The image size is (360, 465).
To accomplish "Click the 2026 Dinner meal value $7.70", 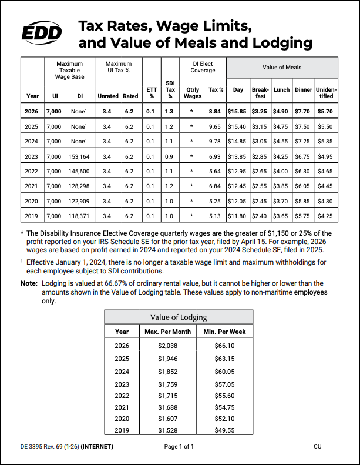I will (304, 111).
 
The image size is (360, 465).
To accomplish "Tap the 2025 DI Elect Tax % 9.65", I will (216, 126).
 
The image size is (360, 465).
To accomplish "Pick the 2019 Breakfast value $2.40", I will (260, 216).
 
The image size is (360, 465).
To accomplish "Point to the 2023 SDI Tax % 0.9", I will (170, 156).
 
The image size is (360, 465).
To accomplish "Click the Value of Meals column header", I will (282, 68).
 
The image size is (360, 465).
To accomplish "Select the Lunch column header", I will (281, 90).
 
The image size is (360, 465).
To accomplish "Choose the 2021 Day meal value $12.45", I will (238, 186).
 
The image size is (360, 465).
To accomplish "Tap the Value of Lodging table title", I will (179, 317).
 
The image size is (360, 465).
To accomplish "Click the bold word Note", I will (29, 283).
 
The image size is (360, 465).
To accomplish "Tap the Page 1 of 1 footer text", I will (179, 447).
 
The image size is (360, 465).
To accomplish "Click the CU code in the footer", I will (318, 447).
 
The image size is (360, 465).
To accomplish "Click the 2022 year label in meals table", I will (32, 171).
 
